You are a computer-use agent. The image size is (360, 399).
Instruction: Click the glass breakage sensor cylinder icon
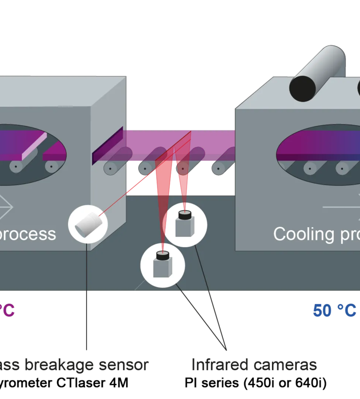click(88, 224)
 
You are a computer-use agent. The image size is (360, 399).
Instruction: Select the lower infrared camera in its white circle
click(162, 265)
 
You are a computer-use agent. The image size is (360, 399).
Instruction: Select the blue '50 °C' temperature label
click(335, 310)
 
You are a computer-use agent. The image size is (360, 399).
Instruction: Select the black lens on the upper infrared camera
click(185, 215)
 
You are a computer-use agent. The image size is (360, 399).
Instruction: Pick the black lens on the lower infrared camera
click(162, 254)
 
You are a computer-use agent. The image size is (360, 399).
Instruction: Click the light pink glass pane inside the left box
click(34, 146)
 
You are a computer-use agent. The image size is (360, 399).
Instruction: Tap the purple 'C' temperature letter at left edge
click(9, 310)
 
